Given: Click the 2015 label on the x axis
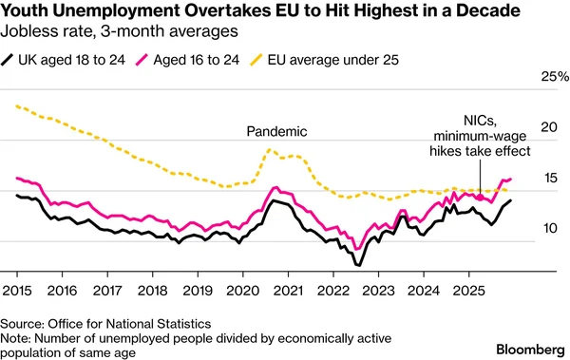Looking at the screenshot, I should click(x=18, y=288).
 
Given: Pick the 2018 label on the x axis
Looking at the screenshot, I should click(x=153, y=288).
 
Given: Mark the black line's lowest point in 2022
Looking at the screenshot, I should click(x=358, y=264).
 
